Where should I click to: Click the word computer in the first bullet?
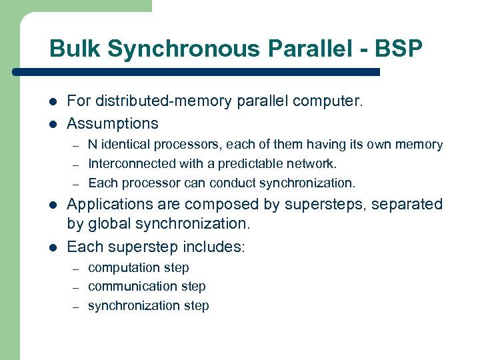[x=327, y=102]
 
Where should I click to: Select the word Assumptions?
[x=113, y=123]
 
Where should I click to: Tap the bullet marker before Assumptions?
[x=53, y=124]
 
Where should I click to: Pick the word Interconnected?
[x=129, y=164]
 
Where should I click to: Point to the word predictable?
[x=251, y=164]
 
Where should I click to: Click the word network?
[x=313, y=164]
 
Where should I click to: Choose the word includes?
[x=213, y=247]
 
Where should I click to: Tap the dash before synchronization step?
[x=76, y=307]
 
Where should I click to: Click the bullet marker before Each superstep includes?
[x=53, y=247]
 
